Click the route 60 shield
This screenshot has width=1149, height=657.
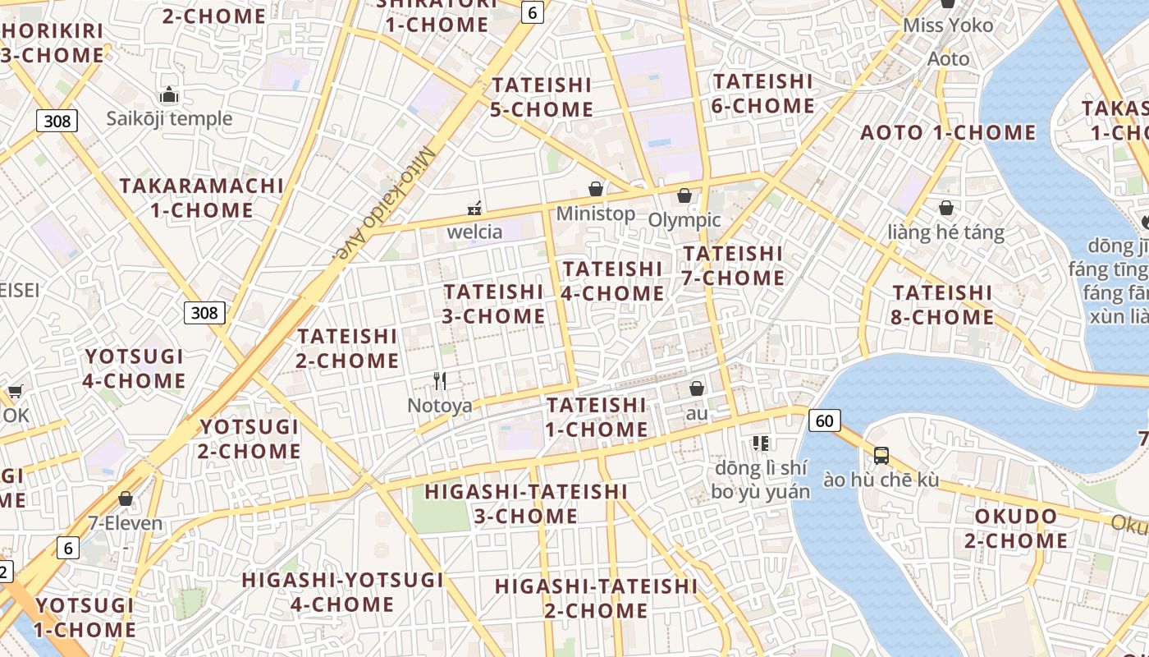click(x=824, y=421)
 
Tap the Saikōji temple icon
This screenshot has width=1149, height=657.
click(x=169, y=94)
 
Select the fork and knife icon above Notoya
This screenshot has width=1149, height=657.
click(x=440, y=380)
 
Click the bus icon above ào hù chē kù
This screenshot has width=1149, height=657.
click(x=881, y=455)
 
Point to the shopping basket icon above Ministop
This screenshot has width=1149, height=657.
click(x=596, y=189)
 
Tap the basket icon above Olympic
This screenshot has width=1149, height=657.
click(x=684, y=195)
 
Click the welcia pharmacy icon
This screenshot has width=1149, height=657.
click(x=474, y=207)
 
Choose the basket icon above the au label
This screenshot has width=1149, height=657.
click(x=697, y=388)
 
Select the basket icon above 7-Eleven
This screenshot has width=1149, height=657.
click(x=126, y=498)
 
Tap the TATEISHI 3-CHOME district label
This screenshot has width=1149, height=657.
click(x=494, y=304)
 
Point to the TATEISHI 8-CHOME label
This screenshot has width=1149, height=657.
click(x=943, y=305)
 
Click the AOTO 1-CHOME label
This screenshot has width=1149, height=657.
click(x=948, y=132)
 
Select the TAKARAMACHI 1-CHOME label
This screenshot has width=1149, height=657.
click(x=202, y=198)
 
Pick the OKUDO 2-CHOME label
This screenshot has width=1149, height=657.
click(x=1016, y=528)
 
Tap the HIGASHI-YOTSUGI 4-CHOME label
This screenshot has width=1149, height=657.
click(x=342, y=592)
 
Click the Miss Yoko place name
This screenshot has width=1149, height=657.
click(x=948, y=25)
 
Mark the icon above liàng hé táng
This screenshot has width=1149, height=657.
click(x=946, y=208)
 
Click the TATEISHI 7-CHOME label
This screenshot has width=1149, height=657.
click(x=734, y=265)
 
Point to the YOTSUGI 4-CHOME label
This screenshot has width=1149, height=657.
click(x=135, y=369)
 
